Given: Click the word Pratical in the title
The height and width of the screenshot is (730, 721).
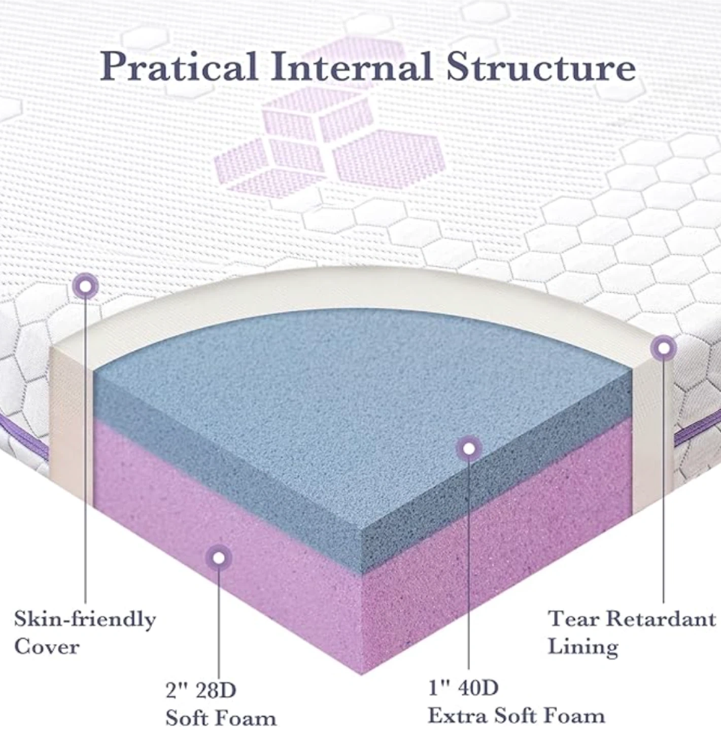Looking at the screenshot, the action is (x=178, y=66).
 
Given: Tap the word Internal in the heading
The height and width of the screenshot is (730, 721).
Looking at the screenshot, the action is (x=351, y=66).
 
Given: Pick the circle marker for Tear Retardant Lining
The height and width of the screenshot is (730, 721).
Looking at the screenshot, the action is (x=663, y=348).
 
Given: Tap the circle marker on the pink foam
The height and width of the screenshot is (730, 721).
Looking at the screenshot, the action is (x=218, y=558).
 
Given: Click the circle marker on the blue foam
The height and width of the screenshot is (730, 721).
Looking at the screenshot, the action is (x=469, y=449).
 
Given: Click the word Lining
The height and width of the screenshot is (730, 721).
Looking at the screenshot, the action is (x=583, y=646).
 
